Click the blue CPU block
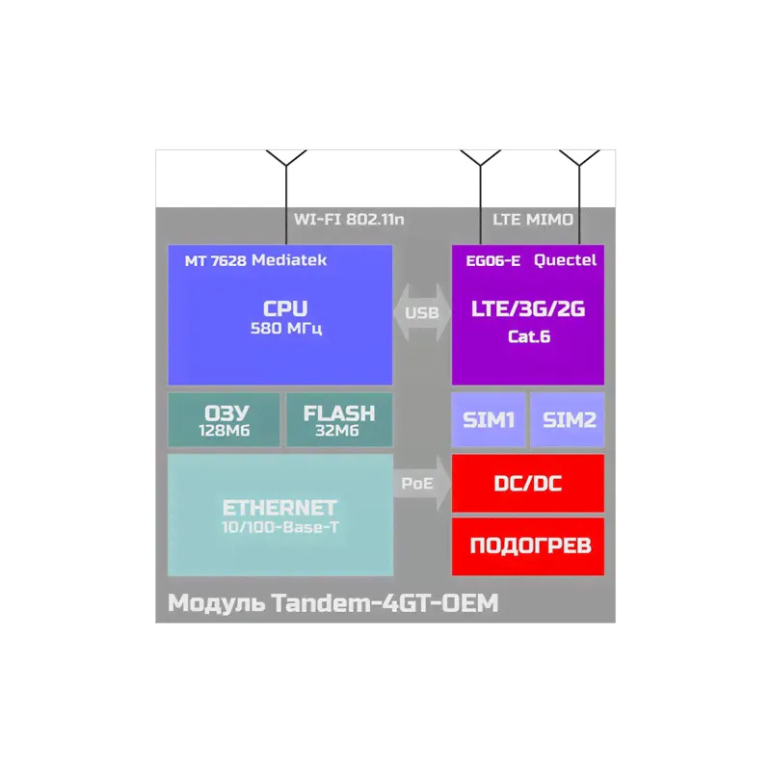279,318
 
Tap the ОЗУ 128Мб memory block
224,420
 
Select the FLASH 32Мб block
338,420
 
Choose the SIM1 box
489,420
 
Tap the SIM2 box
569,420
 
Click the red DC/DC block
528,484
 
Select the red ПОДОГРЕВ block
528,545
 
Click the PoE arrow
421,484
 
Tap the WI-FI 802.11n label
349,220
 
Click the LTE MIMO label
533,220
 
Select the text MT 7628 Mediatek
255,260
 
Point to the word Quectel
565,260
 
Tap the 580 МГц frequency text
285,329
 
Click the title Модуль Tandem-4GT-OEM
333,603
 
